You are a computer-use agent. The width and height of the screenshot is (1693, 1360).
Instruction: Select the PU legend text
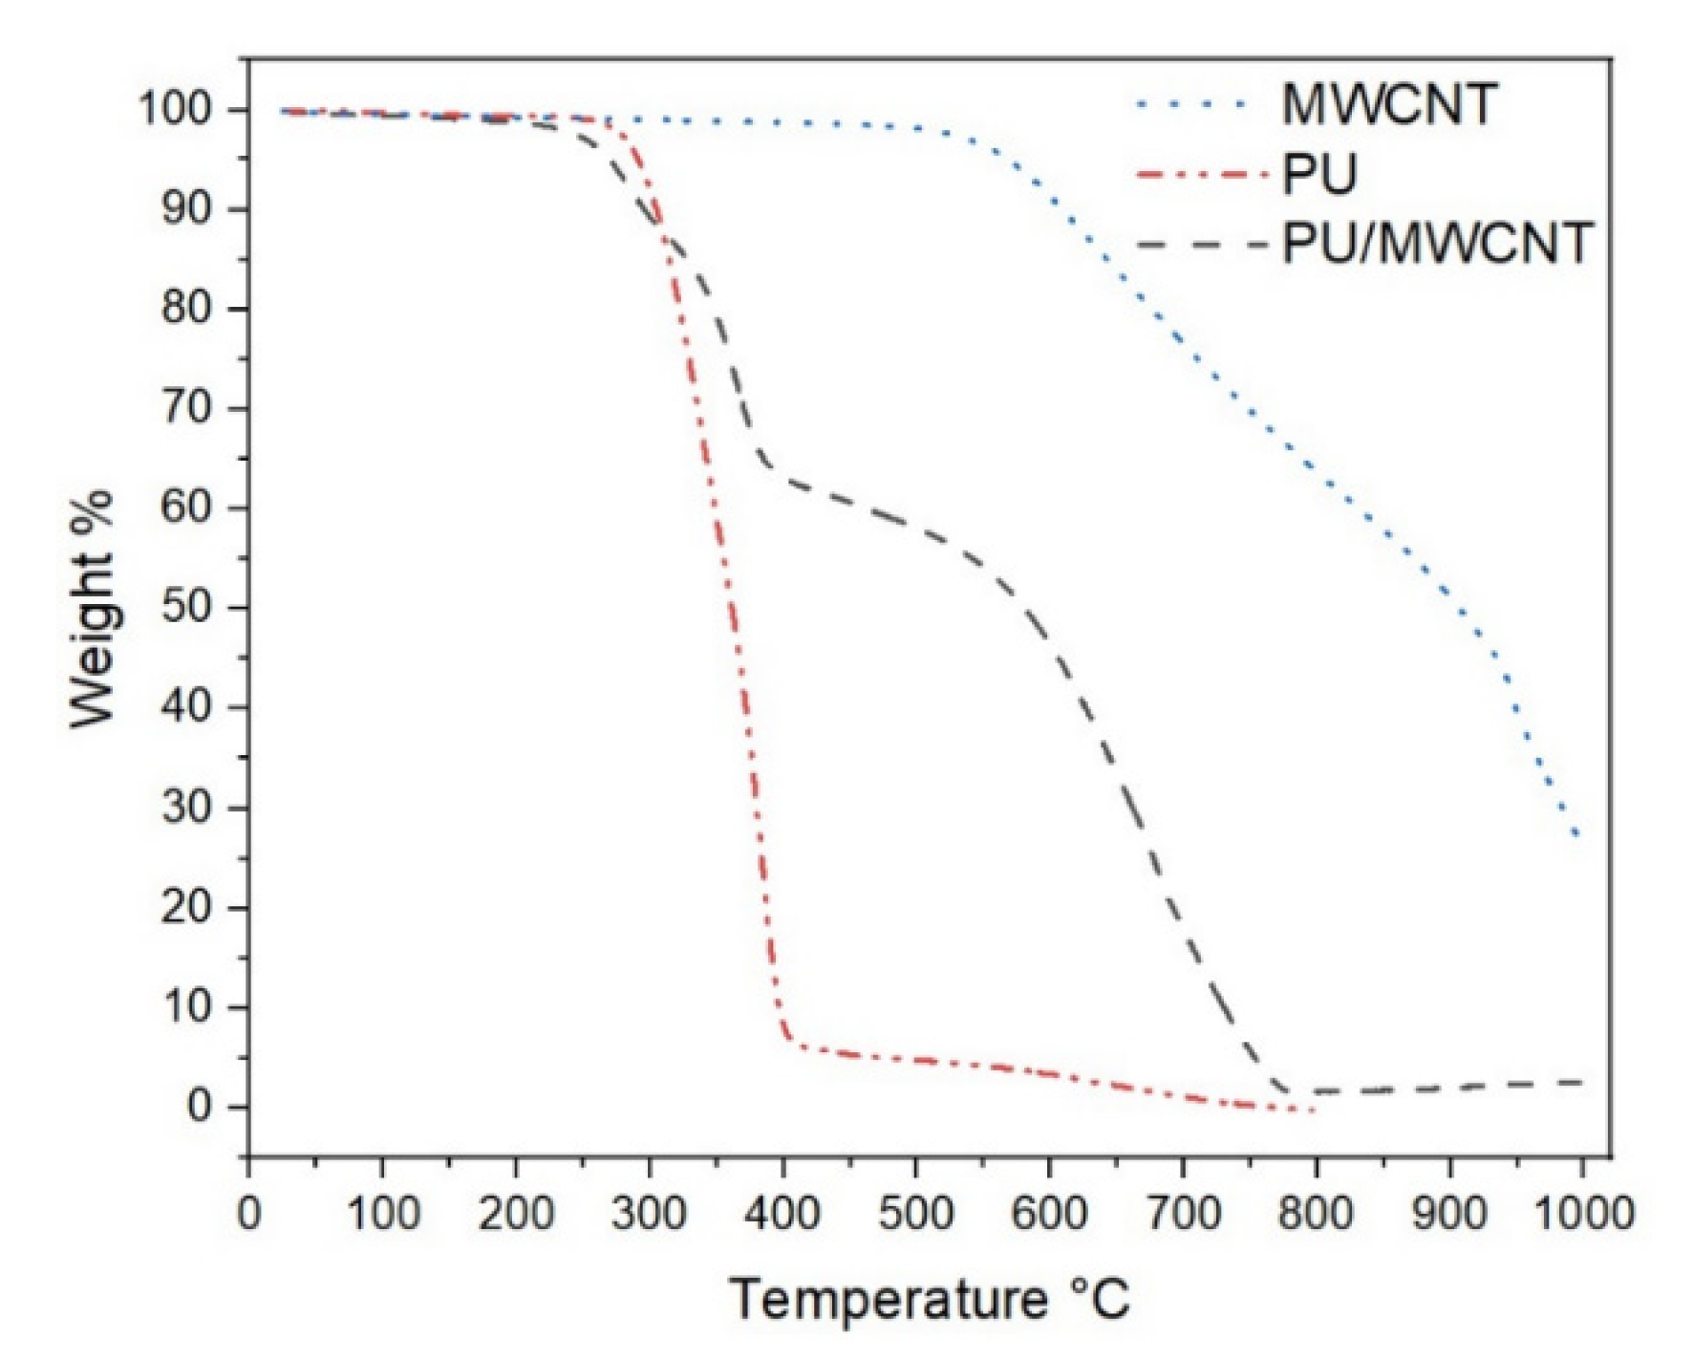pyautogui.click(x=1318, y=175)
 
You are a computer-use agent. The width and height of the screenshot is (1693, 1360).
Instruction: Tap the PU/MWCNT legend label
pyautogui.click(x=1437, y=244)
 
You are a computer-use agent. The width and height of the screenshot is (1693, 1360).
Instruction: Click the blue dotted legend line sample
pyautogui.click(x=1192, y=104)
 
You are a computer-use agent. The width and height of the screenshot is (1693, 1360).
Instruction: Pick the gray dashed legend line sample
pyautogui.click(x=1202, y=245)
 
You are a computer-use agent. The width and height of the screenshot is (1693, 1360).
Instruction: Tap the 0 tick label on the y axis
pyautogui.click(x=199, y=1107)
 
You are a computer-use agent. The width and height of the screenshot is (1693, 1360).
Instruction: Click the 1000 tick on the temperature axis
pyautogui.click(x=1582, y=1214)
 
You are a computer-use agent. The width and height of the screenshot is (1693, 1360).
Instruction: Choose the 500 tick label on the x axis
pyautogui.click(x=915, y=1214)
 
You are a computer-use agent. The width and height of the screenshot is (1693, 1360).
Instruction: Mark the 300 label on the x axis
pyautogui.click(x=649, y=1214)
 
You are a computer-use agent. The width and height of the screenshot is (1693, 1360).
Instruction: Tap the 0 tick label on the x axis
pyautogui.click(x=248, y=1214)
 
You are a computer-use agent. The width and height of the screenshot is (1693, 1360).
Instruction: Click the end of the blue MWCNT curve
pyautogui.click(x=1578, y=837)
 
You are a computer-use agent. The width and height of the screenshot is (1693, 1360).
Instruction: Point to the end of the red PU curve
pyautogui.click(x=1315, y=1111)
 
